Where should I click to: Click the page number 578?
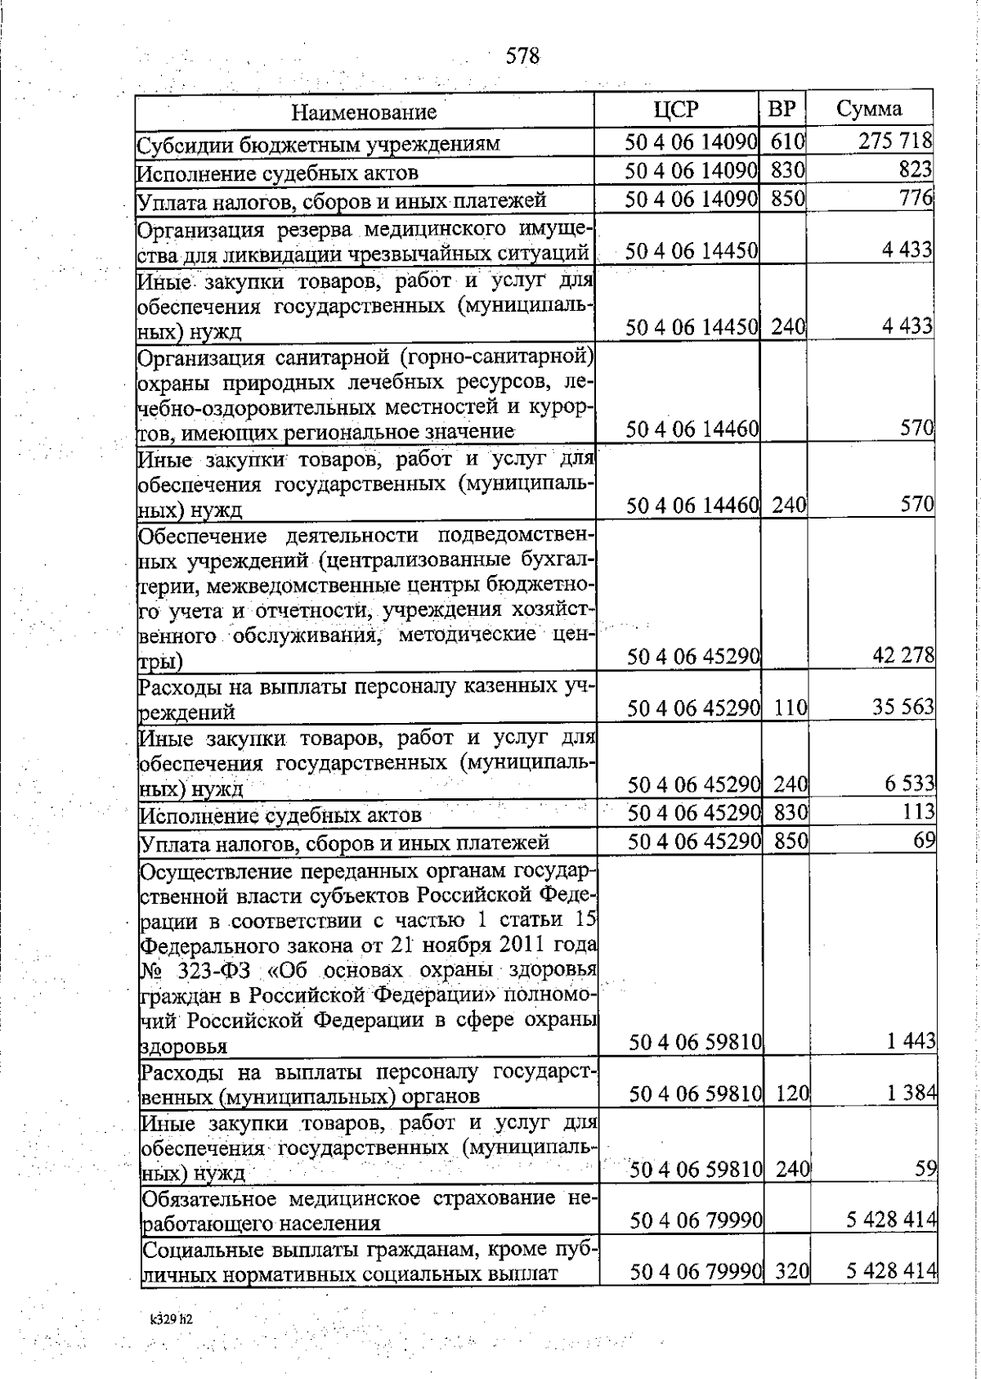click(x=523, y=56)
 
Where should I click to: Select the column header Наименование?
click(x=365, y=112)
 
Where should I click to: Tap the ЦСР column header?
click(x=677, y=110)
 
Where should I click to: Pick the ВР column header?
click(x=782, y=110)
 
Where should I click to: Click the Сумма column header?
click(x=869, y=110)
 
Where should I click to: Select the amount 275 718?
click(x=895, y=141)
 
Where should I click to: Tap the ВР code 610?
click(x=787, y=141)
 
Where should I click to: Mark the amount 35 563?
click(x=903, y=707)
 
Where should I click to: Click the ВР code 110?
click(x=791, y=707)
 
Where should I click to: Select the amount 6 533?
click(x=909, y=784)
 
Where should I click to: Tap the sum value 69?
click(x=924, y=841)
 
